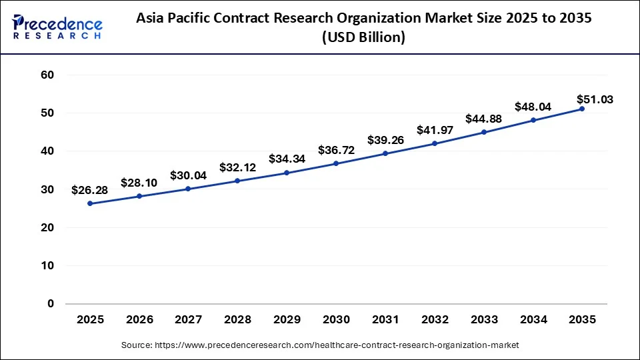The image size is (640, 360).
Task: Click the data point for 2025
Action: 90,203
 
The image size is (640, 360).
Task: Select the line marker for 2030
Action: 336,163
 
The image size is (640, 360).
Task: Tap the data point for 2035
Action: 582,109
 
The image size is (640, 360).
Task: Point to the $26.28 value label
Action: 90,191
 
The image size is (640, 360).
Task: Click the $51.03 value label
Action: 595,99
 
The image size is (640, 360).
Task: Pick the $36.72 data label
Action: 336,151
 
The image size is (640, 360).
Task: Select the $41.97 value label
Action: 435,130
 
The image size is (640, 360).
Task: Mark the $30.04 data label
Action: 189,175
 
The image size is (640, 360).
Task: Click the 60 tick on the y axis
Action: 46,75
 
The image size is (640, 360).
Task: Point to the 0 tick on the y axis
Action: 50,304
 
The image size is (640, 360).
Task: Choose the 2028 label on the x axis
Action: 237,320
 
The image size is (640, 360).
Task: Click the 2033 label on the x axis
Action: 483,320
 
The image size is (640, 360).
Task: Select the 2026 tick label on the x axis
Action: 139,320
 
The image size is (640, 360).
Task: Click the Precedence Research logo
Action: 57,27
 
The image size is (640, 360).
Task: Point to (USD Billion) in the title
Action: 363,38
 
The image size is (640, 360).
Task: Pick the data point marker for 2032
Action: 435,143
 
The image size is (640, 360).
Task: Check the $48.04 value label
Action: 533,107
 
